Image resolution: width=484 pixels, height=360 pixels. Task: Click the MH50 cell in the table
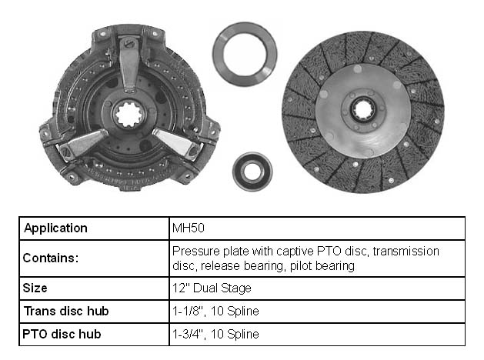coord(189,228)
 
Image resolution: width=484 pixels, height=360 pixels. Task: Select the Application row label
coord(55,228)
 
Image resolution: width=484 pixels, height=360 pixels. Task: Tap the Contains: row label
coord(51,258)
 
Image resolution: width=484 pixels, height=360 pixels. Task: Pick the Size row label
coord(35,288)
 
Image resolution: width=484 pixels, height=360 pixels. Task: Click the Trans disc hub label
coord(66,311)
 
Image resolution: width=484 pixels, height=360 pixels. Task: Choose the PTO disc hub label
coord(62,334)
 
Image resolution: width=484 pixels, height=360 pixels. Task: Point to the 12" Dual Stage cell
coord(212,288)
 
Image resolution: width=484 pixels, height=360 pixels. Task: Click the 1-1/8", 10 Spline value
coord(215,311)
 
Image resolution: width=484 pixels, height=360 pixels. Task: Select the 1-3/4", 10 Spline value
coord(215,334)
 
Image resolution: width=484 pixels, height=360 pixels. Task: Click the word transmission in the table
coord(406,251)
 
